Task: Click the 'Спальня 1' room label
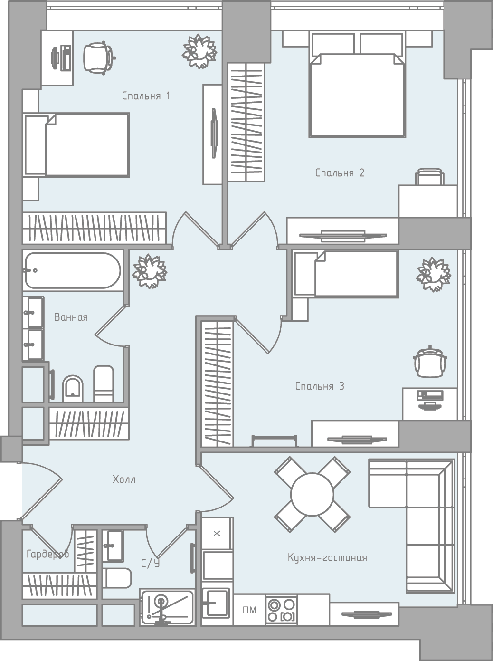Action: (146, 96)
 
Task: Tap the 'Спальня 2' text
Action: (340, 173)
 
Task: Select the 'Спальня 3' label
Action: (320, 386)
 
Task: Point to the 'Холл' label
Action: (124, 479)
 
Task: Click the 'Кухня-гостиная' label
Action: (327, 558)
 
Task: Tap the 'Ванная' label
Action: (71, 317)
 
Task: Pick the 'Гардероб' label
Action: (48, 554)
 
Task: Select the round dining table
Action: (312, 494)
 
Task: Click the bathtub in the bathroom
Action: (73, 270)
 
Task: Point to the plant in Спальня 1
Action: (199, 51)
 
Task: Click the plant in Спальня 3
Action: (434, 274)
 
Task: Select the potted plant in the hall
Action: (150, 271)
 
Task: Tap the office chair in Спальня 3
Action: (430, 361)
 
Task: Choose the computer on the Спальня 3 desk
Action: (430, 399)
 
